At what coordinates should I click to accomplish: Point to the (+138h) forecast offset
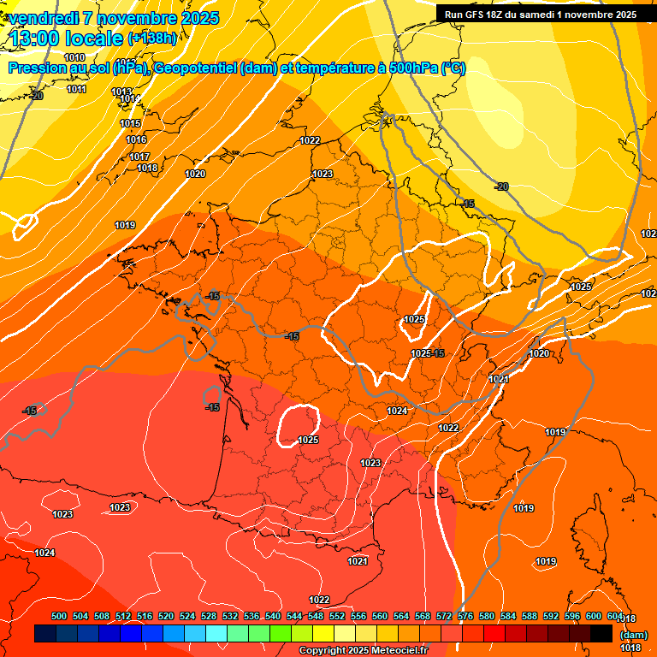pyautogui.click(x=151, y=38)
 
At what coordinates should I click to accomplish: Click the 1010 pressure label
pyautogui.click(x=74, y=57)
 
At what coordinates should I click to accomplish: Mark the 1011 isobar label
pyautogui.click(x=76, y=89)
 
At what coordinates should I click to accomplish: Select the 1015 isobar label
pyautogui.click(x=130, y=123)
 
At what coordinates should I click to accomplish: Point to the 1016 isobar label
pyautogui.click(x=136, y=139)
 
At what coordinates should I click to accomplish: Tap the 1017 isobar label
pyautogui.click(x=139, y=157)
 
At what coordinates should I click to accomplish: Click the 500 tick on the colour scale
pyautogui.click(x=59, y=616)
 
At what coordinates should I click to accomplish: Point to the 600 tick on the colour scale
pyautogui.click(x=593, y=616)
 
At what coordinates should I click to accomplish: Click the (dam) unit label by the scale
pyautogui.click(x=633, y=635)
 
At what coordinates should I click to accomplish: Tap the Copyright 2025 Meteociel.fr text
pyautogui.click(x=363, y=650)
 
